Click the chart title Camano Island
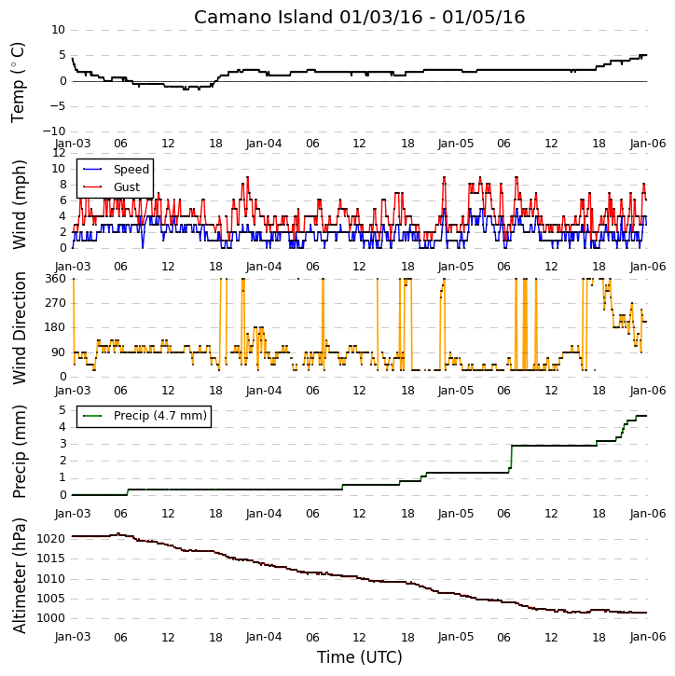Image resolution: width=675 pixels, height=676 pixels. point(263,17)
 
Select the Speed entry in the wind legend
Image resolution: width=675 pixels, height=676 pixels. point(131,170)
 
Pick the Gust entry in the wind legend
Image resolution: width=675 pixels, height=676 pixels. point(127,187)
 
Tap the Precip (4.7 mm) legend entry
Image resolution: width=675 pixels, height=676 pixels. point(160,416)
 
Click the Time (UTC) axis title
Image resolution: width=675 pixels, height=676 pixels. point(360,657)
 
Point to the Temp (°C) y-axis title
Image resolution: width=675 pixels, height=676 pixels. point(18,82)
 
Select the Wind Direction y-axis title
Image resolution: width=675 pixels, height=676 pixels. point(19,328)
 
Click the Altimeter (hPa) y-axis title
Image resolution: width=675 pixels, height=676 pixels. point(19,575)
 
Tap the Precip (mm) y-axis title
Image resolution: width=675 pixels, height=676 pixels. point(19,452)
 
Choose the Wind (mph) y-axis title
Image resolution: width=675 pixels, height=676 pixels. point(19,205)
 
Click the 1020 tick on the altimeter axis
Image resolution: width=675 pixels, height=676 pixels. point(51,539)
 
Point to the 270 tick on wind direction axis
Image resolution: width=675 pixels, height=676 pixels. point(56,303)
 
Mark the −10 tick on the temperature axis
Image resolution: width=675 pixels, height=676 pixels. point(53,131)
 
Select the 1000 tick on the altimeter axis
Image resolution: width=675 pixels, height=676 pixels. point(51,618)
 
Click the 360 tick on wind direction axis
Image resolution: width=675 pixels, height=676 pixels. point(56,279)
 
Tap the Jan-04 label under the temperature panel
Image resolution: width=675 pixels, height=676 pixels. point(264,144)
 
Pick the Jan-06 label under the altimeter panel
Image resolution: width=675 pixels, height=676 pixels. point(648,637)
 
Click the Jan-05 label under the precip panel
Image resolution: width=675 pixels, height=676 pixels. point(456,514)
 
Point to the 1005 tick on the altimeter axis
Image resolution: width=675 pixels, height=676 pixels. point(51,599)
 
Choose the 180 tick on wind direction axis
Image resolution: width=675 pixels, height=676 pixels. point(56,327)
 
